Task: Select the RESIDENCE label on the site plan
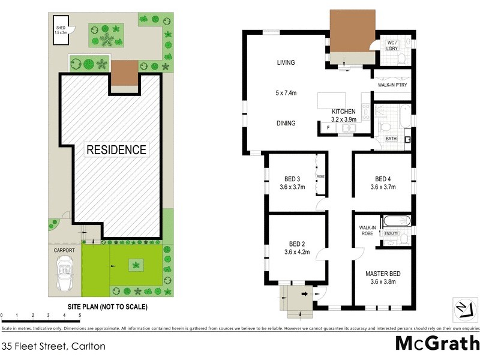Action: coord(116,149)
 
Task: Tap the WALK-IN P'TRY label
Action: coord(392,85)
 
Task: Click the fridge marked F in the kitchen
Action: coord(328,128)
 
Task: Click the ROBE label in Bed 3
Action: coord(320,176)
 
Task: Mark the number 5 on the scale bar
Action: coord(79,315)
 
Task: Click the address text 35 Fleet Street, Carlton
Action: coord(54,346)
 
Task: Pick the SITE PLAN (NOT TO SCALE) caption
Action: coord(107,307)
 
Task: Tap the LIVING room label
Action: coord(286,62)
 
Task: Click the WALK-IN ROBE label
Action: coord(367,231)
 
